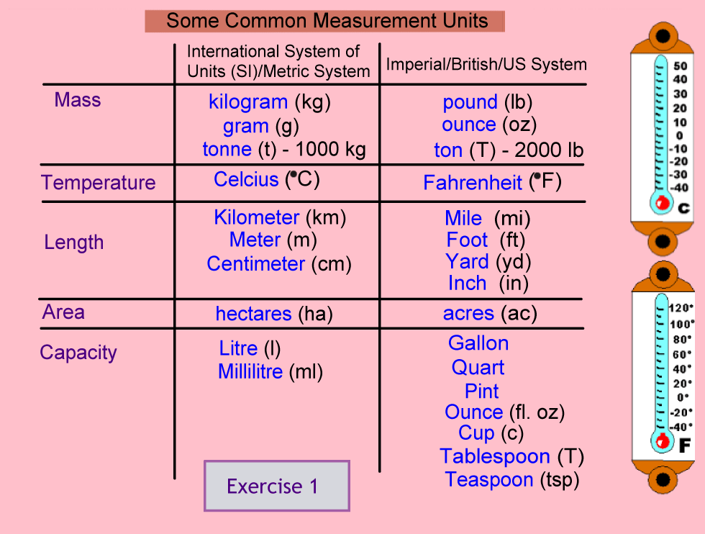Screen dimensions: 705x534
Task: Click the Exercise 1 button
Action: click(x=277, y=486)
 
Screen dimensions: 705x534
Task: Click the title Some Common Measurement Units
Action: click(x=327, y=21)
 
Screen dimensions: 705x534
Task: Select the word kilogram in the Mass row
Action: click(x=248, y=103)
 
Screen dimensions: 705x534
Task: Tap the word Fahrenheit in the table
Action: click(x=473, y=183)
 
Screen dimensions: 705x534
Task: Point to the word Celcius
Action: click(x=246, y=179)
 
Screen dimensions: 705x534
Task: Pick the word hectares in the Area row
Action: click(x=253, y=314)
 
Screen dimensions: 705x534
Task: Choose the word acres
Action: click(x=468, y=313)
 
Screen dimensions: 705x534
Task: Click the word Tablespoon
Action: click(x=495, y=457)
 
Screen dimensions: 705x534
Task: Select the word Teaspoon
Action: click(x=488, y=480)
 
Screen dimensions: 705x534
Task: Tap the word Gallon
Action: click(x=478, y=343)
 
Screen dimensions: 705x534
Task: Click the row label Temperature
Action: click(x=99, y=184)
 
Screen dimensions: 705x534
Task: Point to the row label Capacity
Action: click(x=78, y=353)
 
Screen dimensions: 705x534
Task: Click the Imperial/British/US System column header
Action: click(x=486, y=64)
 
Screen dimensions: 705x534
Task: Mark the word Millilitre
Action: click(x=250, y=371)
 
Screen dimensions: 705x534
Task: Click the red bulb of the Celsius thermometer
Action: click(x=662, y=204)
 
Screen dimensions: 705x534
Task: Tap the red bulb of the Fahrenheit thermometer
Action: click(x=663, y=441)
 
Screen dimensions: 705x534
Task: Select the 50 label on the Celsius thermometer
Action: click(x=681, y=65)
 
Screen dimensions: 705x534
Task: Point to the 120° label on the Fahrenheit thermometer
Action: click(x=681, y=308)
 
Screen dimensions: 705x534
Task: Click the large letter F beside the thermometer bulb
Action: click(x=684, y=445)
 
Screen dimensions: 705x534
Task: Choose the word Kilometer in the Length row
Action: click(x=256, y=218)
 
